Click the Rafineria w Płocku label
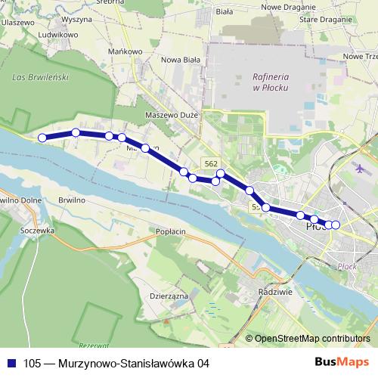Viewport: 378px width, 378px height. (x=268, y=82)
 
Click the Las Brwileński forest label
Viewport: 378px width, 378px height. (x=41, y=77)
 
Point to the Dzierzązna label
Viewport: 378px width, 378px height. (x=169, y=296)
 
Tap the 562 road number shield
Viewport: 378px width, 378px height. (x=211, y=163)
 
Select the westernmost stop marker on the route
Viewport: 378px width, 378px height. (x=42, y=138)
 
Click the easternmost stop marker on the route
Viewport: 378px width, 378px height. (x=336, y=225)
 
